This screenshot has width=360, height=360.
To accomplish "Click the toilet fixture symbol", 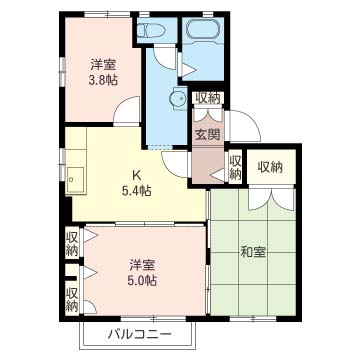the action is point(152,31).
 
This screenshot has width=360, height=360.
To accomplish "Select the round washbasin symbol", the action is point(179,98).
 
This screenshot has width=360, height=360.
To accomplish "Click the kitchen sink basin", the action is point(74,179).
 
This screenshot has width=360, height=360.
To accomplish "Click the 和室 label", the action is point(253,252).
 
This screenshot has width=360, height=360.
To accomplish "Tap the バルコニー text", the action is point(139,334).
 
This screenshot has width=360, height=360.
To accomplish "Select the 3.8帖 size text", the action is point(103,80).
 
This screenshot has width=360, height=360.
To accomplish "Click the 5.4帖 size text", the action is point(136,191).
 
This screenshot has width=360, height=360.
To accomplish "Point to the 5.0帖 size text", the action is point(142,281).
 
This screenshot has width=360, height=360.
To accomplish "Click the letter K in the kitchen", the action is point(136,174).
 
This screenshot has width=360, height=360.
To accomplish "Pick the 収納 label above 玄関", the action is point(208,98).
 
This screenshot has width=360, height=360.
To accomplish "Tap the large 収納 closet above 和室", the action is point(270,167).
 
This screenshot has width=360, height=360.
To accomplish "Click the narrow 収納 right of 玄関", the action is point(235,166).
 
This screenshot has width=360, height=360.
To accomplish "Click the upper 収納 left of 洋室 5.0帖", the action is point(72,243).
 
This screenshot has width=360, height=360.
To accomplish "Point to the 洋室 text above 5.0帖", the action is point(142,265).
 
